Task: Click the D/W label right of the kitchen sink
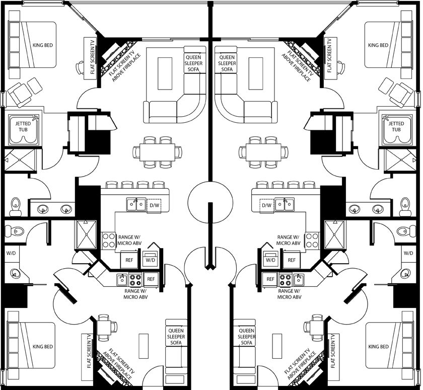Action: point(154,205)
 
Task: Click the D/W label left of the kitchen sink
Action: point(266,205)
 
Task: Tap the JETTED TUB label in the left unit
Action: point(23,126)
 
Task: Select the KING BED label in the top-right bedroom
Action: point(378,45)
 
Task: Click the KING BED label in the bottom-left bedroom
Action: point(43,346)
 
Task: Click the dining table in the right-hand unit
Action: point(263,152)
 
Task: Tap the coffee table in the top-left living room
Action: point(165,73)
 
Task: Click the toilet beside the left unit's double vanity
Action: point(16,207)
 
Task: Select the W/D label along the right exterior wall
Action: point(408,253)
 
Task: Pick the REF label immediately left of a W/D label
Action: point(129,260)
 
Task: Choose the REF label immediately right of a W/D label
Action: point(292,260)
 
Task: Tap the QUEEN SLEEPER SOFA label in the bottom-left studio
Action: point(176,337)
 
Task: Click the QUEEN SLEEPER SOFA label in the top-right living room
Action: point(227,63)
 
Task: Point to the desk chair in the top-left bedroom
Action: point(80,67)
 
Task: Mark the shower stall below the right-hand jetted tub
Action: point(400,160)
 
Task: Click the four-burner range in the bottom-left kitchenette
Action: point(135,279)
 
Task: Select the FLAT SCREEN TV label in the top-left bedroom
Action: point(93,56)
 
